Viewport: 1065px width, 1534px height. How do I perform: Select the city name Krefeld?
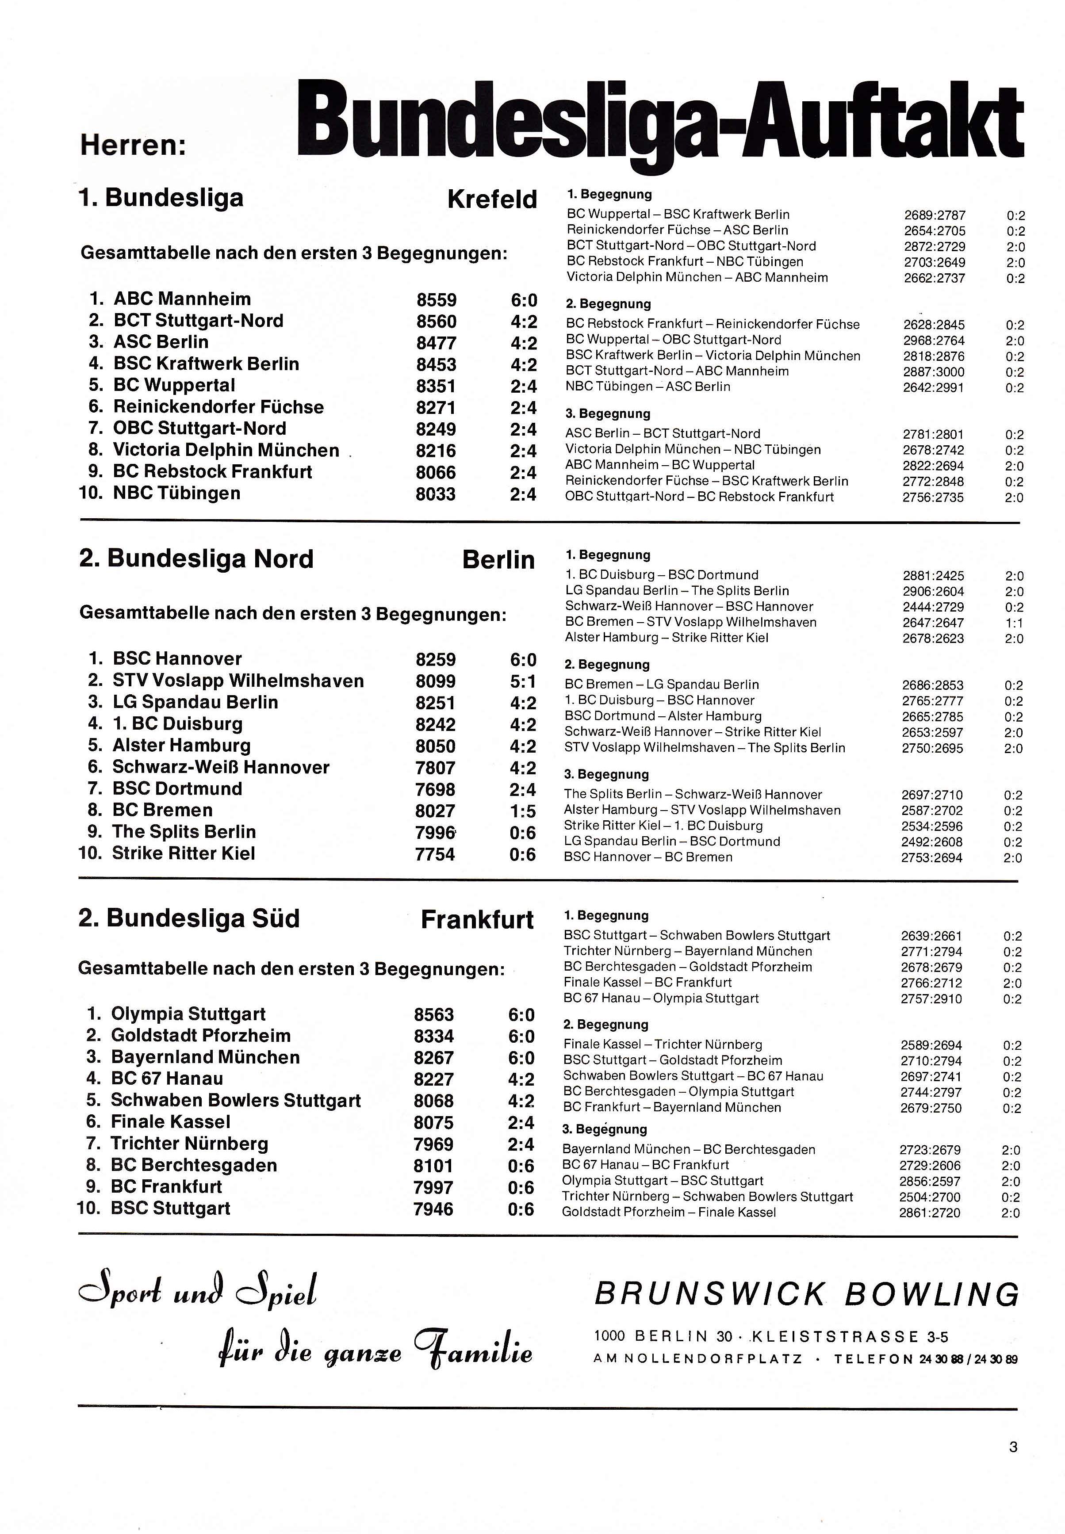pos(492,199)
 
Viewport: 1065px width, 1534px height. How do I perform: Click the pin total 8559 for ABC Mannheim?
pos(437,300)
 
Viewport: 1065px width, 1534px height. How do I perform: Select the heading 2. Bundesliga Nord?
pos(196,559)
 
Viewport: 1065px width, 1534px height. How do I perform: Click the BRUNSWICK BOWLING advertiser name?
pos(806,1294)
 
